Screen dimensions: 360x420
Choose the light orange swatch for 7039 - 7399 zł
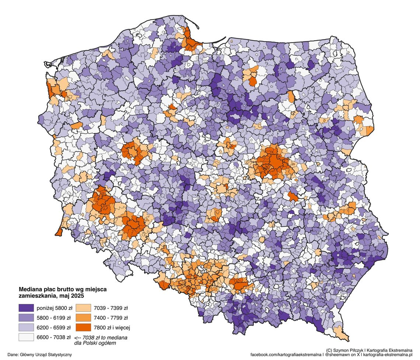tap(84, 308)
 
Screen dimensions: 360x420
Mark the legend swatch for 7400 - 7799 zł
tap(84, 318)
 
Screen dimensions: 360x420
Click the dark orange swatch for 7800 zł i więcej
tap(84, 327)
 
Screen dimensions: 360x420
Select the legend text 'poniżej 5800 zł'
tap(53, 308)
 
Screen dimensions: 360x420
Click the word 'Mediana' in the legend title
tap(31, 290)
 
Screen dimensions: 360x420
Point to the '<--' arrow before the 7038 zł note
tap(78, 338)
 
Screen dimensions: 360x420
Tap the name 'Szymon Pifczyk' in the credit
tap(350, 350)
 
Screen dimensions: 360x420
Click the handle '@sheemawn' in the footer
tap(339, 354)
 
